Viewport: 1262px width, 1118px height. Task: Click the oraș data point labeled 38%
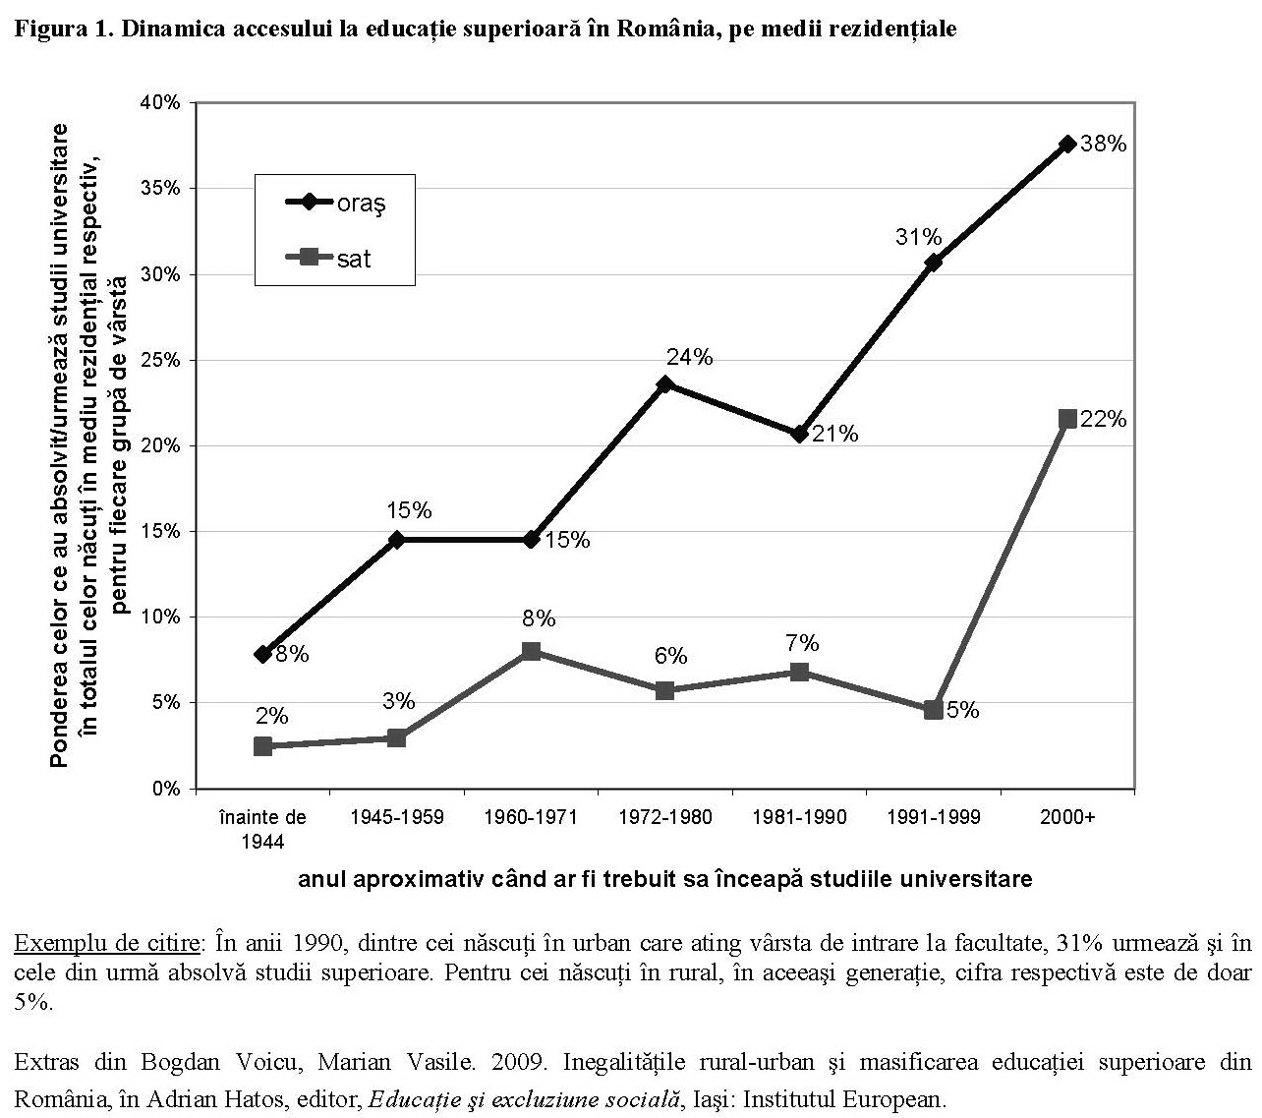(x=1067, y=144)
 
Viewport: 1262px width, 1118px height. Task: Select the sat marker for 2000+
(x=1067, y=419)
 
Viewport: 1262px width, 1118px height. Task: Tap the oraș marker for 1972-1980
(x=665, y=383)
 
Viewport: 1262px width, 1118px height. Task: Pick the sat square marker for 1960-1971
(x=531, y=651)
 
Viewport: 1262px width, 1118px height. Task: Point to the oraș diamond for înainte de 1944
(x=262, y=654)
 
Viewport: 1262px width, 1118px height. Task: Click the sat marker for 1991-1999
(x=933, y=710)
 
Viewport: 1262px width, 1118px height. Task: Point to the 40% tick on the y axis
(x=160, y=102)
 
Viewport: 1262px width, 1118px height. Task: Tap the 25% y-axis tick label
(x=160, y=360)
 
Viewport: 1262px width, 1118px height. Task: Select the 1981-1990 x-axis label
(x=799, y=817)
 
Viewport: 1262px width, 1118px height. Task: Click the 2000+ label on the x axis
(x=1067, y=817)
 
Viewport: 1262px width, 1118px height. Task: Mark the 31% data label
(x=918, y=237)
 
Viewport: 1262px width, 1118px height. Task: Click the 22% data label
(x=1103, y=420)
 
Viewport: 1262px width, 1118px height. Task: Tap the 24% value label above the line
(x=689, y=357)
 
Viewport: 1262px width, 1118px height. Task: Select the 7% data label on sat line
(x=802, y=643)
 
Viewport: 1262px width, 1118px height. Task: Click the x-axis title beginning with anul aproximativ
(x=664, y=878)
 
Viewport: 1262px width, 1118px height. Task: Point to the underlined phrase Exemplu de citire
(x=106, y=944)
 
